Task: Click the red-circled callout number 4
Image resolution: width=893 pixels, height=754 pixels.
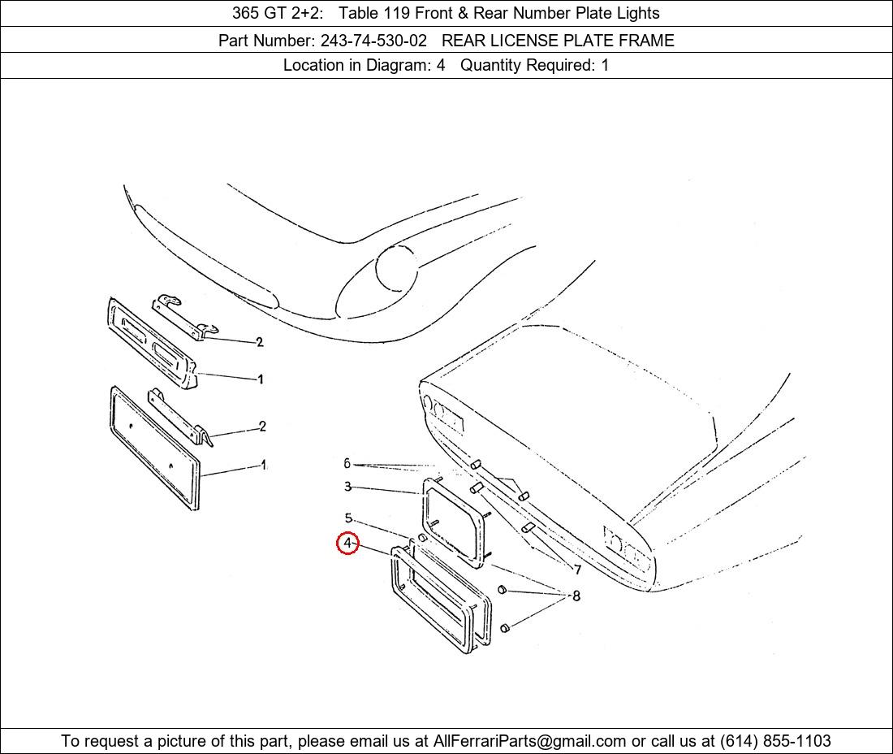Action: click(347, 543)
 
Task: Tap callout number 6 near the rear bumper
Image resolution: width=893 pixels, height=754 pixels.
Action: click(347, 463)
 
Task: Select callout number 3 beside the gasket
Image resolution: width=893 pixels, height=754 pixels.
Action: click(347, 487)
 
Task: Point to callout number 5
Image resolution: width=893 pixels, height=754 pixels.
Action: click(348, 518)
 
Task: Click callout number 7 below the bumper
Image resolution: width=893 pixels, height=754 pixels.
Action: click(577, 570)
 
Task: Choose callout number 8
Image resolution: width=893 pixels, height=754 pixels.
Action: click(576, 596)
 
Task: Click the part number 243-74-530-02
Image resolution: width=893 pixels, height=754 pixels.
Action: click(373, 41)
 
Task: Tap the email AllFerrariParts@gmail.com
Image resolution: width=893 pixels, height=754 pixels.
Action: click(529, 741)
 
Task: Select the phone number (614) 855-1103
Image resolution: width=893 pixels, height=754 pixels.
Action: click(775, 741)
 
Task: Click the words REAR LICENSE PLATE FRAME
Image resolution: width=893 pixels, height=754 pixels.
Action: click(559, 41)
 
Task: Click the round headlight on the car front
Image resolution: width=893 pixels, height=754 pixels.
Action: click(397, 268)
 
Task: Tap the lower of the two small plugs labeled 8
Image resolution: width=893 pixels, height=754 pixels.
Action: click(504, 628)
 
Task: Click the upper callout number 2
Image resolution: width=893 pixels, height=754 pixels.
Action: click(260, 342)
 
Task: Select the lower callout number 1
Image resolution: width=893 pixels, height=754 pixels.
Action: click(263, 465)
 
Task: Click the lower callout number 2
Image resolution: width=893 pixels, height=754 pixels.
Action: click(262, 427)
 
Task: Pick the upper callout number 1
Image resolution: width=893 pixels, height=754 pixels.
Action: click(261, 379)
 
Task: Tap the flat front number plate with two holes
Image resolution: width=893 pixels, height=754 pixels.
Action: click(153, 448)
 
